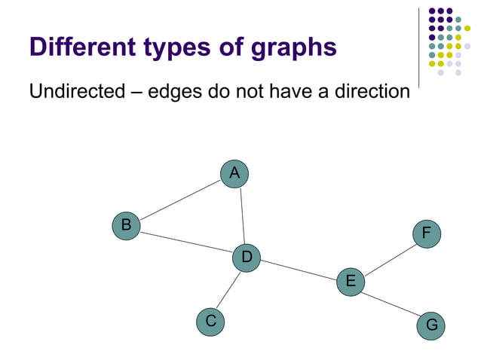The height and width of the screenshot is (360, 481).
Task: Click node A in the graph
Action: pyautogui.click(x=234, y=173)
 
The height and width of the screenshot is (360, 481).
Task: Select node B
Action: pyautogui.click(x=127, y=225)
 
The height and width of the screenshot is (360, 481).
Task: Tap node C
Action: pyautogui.click(x=211, y=322)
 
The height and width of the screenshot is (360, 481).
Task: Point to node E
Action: pyautogui.click(x=351, y=282)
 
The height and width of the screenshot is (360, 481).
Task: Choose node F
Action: pyautogui.click(x=426, y=233)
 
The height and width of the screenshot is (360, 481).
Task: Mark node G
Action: pyautogui.click(x=431, y=325)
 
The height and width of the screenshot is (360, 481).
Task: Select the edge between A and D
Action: pyautogui.click(x=242, y=215)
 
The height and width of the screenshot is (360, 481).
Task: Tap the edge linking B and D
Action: pyautogui.click(x=186, y=242)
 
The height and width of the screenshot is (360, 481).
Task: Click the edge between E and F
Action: pyautogui.click(x=388, y=258)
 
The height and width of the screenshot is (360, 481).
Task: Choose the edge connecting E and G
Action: pyautogui.click(x=391, y=304)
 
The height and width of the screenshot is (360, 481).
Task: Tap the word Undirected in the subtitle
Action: pyautogui.click(x=77, y=92)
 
